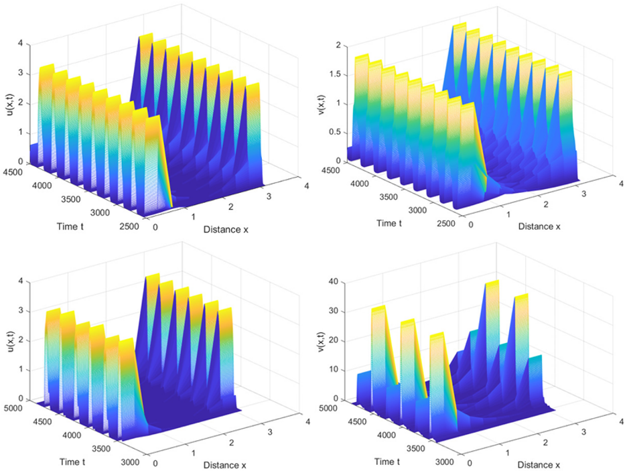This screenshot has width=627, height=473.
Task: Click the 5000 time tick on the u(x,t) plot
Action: (x=35, y=407)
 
